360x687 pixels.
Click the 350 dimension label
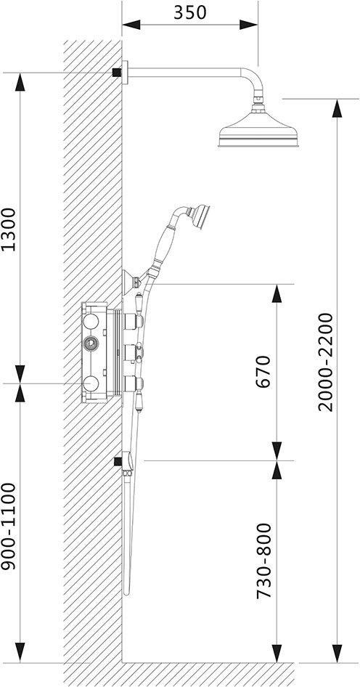(189, 12)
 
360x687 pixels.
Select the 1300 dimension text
(9, 229)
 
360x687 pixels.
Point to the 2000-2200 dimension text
(325, 362)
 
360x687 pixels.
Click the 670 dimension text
(264, 372)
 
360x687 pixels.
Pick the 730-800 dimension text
(264, 561)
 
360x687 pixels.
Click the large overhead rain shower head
(259, 130)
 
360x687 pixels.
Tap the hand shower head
(200, 216)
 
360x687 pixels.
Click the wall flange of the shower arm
(125, 73)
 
